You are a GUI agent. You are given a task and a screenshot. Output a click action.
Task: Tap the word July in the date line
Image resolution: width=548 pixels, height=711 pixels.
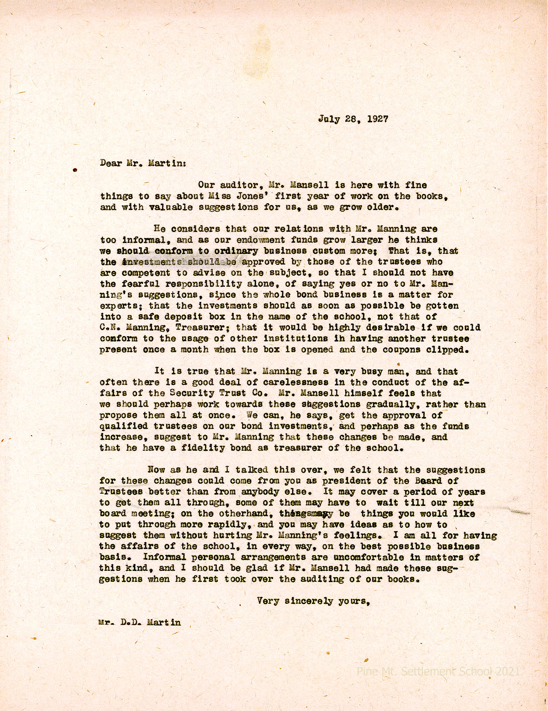(329, 119)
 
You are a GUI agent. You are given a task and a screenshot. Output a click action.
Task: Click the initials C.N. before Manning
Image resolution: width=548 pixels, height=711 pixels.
(108, 327)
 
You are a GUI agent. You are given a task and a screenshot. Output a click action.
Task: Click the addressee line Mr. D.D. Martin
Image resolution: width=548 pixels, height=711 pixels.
(140, 622)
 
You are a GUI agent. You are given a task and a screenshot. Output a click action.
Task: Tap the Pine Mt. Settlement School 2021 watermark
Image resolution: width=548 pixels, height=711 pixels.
(438, 672)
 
